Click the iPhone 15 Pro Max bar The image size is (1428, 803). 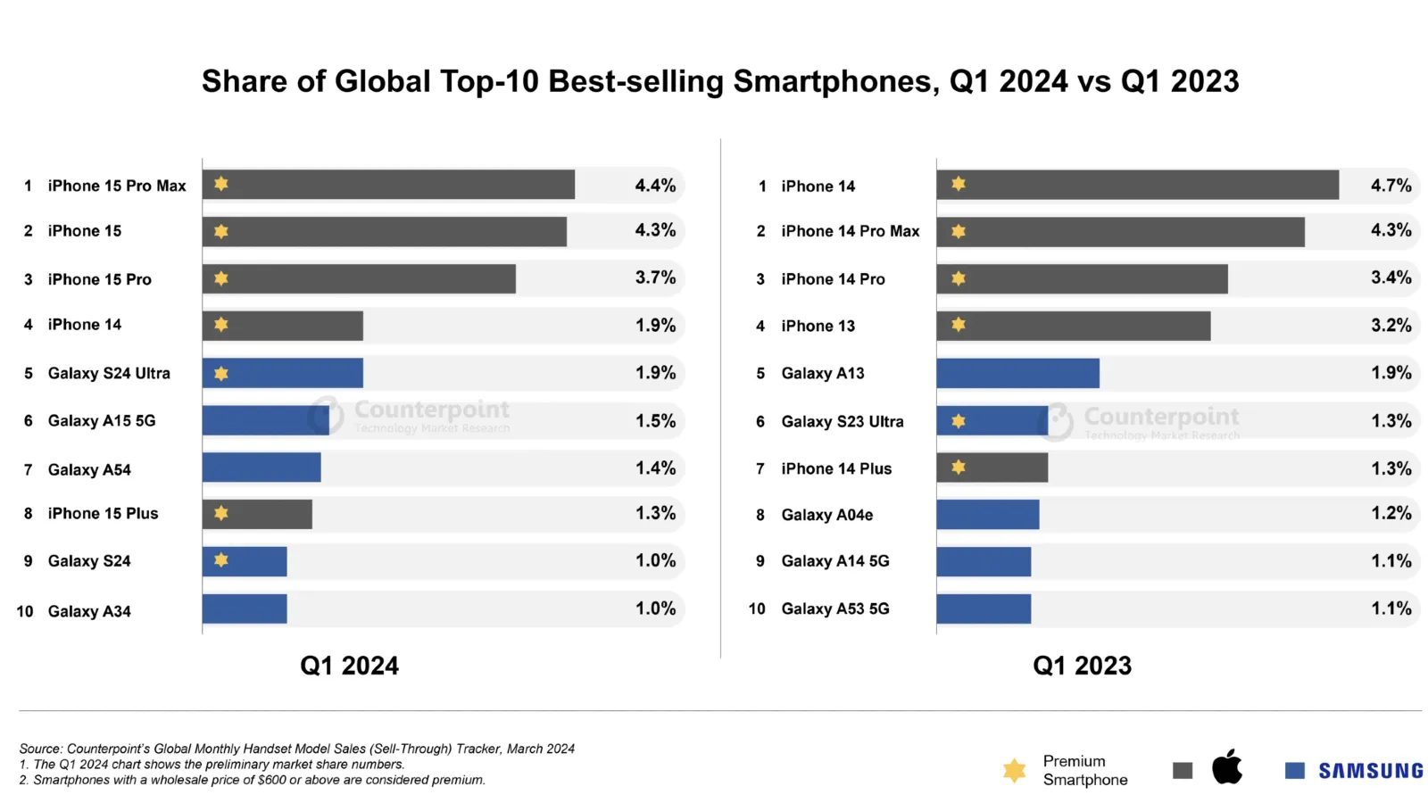pyautogui.click(x=388, y=185)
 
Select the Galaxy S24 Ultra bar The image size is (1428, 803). pyautogui.click(x=282, y=373)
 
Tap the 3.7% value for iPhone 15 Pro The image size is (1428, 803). pyautogui.click(x=655, y=277)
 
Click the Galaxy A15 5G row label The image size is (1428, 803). pyautogui.click(x=101, y=420)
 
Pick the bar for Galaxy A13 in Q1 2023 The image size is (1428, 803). pyautogui.click(x=1017, y=373)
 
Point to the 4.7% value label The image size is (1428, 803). pyautogui.click(x=1391, y=186)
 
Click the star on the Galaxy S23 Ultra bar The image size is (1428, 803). pyautogui.click(x=959, y=420)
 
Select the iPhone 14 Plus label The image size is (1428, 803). pyautogui.click(x=835, y=468)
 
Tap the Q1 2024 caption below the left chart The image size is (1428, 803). pyautogui.click(x=349, y=666)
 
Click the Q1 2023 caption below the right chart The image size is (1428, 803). pyautogui.click(x=1082, y=666)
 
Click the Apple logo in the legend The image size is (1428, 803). pyautogui.click(x=1227, y=767)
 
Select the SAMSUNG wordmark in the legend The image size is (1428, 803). pyautogui.click(x=1370, y=771)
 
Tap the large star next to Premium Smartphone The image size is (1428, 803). pyautogui.click(x=1014, y=770)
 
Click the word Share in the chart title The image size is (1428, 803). pyautogui.click(x=244, y=81)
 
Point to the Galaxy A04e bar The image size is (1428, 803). pyautogui.click(x=987, y=515)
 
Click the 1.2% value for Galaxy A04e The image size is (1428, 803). pyautogui.click(x=1391, y=513)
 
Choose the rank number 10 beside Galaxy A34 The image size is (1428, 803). pyautogui.click(x=25, y=611)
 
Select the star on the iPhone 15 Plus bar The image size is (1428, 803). pyautogui.click(x=221, y=513)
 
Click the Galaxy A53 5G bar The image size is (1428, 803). pyautogui.click(x=984, y=608)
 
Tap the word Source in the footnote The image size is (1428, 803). pyautogui.click(x=40, y=749)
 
